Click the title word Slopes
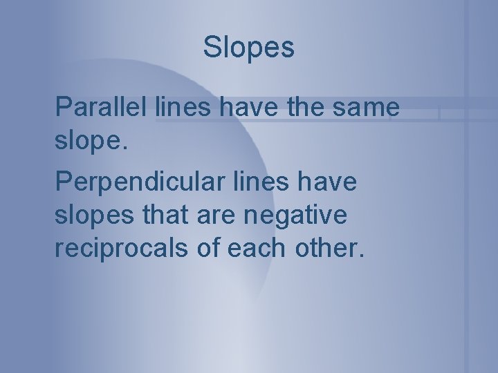point(248,48)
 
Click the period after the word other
point(359,258)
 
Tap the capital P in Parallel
point(62,107)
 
